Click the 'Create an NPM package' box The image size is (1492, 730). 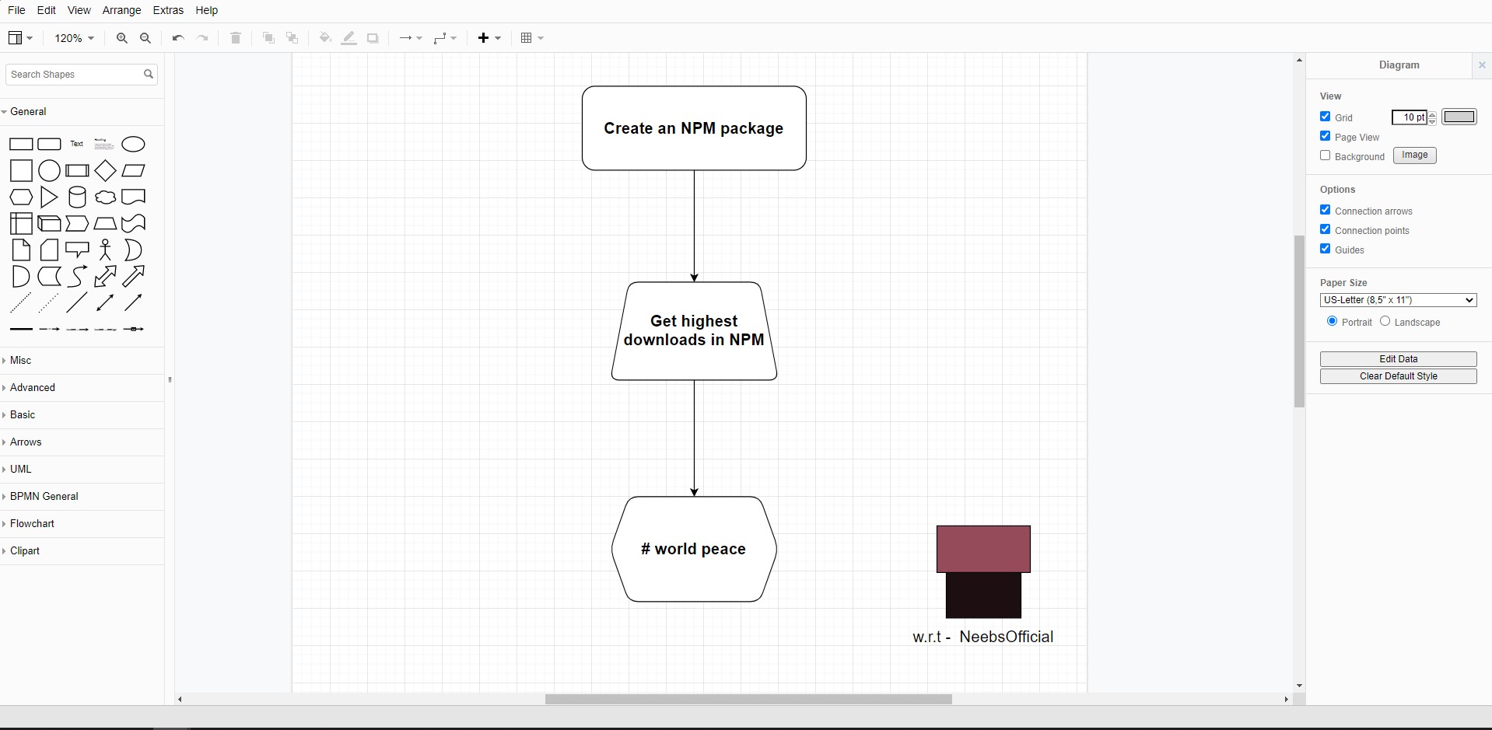pyautogui.click(x=694, y=128)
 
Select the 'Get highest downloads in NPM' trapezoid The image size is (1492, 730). pyautogui.click(x=694, y=331)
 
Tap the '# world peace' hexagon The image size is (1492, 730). pyautogui.click(x=694, y=549)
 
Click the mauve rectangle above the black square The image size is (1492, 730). pyautogui.click(x=983, y=549)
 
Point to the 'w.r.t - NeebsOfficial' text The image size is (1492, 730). pyautogui.click(x=982, y=637)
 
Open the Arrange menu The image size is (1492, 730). pyautogui.click(x=122, y=10)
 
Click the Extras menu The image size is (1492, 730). pyautogui.click(x=168, y=10)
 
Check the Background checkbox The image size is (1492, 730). pyautogui.click(x=1326, y=155)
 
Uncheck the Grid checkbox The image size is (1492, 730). pyautogui.click(x=1326, y=117)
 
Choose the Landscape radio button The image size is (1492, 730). pyautogui.click(x=1385, y=321)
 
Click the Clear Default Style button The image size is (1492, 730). pyautogui.click(x=1398, y=376)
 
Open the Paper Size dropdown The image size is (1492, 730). pyautogui.click(x=1398, y=300)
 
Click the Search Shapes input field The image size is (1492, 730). pyautogui.click(x=74, y=75)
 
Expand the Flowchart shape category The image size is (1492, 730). pyautogui.click(x=32, y=523)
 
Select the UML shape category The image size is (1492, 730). pyautogui.click(x=21, y=469)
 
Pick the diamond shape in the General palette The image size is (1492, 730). pyautogui.click(x=105, y=171)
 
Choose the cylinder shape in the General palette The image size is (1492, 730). pyautogui.click(x=77, y=197)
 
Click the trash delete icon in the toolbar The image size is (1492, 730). pyautogui.click(x=236, y=38)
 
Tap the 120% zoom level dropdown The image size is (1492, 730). pyautogui.click(x=75, y=38)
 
